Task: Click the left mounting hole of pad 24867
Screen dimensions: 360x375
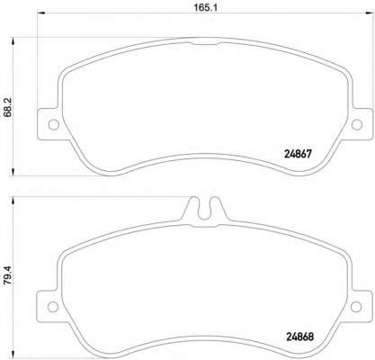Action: [x=50, y=125]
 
